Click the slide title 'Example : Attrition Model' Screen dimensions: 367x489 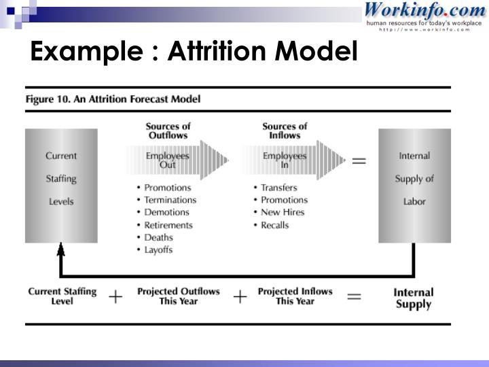tap(193, 51)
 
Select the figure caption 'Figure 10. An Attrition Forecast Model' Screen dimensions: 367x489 tap(113, 99)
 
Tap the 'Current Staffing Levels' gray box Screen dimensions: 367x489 tap(61, 185)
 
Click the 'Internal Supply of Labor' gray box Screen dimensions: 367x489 tap(414, 185)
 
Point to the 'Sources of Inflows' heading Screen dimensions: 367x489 tap(285, 130)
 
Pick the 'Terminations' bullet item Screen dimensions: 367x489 tap(170, 200)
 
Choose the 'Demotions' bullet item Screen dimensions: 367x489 tap(167, 212)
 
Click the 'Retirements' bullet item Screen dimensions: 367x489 tap(168, 225)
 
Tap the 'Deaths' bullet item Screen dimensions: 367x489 tap(158, 237)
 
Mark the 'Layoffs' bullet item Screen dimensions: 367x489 tap(158, 249)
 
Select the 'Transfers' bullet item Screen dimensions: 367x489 tap(280, 188)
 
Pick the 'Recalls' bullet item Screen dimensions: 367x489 tap(275, 225)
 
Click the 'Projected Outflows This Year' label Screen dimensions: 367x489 tap(179, 296)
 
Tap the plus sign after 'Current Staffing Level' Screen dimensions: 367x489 tap(116, 297)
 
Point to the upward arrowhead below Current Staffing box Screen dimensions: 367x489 tap(61, 250)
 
